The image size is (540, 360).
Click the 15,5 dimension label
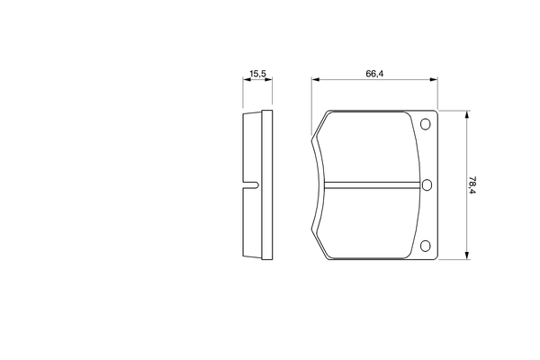[257, 74]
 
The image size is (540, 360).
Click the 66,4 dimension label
[374, 74]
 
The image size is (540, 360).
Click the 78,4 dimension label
[472, 185]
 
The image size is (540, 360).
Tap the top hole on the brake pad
[426, 124]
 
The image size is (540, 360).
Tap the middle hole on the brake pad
[427, 185]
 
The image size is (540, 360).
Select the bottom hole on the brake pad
[426, 246]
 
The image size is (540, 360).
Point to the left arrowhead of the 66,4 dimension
[316, 79]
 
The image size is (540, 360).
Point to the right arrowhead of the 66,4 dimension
[434, 79]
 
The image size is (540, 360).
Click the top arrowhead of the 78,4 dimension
[467, 115]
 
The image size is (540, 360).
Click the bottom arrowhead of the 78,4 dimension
[467, 255]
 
